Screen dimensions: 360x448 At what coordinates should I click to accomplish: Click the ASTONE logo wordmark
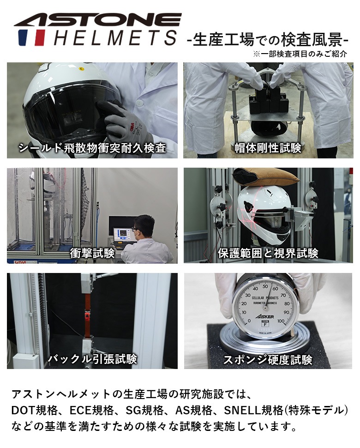[x=98, y=19]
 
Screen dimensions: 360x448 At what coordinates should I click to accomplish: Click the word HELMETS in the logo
[x=115, y=38]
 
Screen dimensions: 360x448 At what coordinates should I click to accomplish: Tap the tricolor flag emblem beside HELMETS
[x=31, y=38]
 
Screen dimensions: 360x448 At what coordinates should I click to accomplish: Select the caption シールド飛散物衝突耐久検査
[x=92, y=148]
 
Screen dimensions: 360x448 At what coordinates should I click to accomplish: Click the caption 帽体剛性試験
[x=268, y=148]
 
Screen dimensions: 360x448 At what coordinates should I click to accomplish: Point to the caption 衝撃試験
[x=92, y=253]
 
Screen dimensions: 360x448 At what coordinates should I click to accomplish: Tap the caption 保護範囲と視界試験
[x=268, y=253]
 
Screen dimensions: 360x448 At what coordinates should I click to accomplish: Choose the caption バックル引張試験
[x=92, y=358]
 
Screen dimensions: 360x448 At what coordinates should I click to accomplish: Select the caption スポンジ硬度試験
[x=268, y=359]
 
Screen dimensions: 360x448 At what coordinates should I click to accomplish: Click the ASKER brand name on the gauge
[x=264, y=316]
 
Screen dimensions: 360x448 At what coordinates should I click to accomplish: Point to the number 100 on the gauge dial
[x=281, y=321]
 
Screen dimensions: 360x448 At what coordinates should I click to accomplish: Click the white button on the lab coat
[x=139, y=103]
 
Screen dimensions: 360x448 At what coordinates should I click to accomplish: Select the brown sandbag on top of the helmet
[x=266, y=176]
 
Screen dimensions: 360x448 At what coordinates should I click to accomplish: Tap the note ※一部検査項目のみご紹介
[x=300, y=54]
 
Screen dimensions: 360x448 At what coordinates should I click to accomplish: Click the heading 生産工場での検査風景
[x=268, y=39]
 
